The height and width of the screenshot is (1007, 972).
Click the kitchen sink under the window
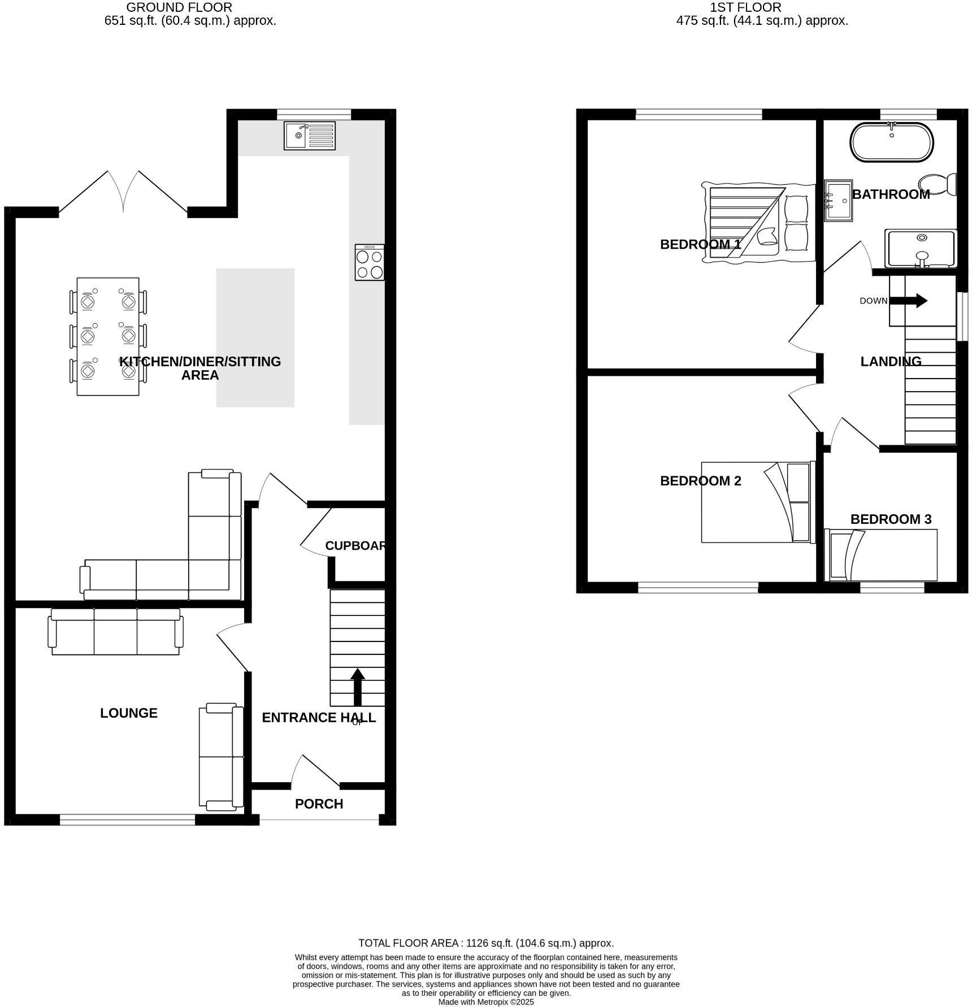(309, 136)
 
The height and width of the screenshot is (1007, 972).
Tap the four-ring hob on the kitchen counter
(370, 262)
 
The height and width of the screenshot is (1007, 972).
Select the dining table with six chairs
(108, 336)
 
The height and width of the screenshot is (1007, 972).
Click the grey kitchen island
(255, 337)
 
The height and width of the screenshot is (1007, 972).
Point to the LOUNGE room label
(129, 713)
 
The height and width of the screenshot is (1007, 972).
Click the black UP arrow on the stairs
(357, 686)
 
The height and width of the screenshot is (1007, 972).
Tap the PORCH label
(319, 804)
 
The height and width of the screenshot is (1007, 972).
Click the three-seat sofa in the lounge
(116, 632)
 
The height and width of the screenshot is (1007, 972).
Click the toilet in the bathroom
(938, 184)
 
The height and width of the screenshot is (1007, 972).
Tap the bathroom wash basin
(838, 201)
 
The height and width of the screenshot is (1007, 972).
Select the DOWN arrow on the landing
(910, 301)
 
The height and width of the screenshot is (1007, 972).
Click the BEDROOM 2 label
(700, 481)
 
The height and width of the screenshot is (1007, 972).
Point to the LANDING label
(891, 362)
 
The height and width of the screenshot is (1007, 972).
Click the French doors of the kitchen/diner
(123, 192)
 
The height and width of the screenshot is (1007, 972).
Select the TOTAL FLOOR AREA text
(485, 943)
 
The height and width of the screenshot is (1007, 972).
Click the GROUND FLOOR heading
(179, 8)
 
